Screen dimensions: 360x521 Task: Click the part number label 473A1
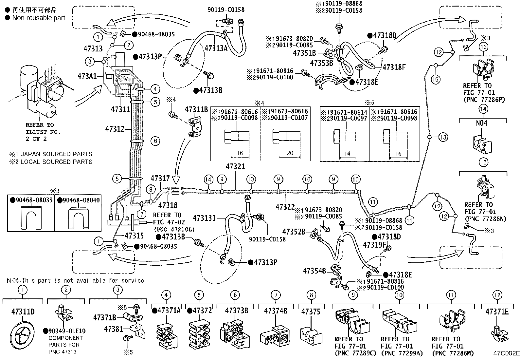click(x=87, y=76)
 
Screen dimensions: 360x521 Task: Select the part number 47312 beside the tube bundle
click(x=115, y=129)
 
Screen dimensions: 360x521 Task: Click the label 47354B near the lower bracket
click(x=314, y=271)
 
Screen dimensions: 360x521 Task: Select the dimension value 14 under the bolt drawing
click(x=347, y=153)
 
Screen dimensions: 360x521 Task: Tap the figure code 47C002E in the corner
click(x=507, y=353)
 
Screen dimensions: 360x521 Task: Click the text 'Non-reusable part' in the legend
click(x=38, y=18)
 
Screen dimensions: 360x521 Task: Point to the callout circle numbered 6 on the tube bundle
click(x=155, y=141)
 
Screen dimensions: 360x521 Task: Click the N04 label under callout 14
click(x=481, y=123)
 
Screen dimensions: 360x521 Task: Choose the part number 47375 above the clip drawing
click(x=311, y=312)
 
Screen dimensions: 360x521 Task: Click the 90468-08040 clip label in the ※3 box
click(x=81, y=200)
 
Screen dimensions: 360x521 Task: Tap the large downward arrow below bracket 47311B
click(x=176, y=179)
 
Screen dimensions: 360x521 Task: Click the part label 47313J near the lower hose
click(x=204, y=218)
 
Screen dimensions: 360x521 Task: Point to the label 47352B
click(x=294, y=232)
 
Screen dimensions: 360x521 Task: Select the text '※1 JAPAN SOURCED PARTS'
click(x=51, y=154)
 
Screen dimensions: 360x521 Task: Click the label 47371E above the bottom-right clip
click(x=497, y=312)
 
